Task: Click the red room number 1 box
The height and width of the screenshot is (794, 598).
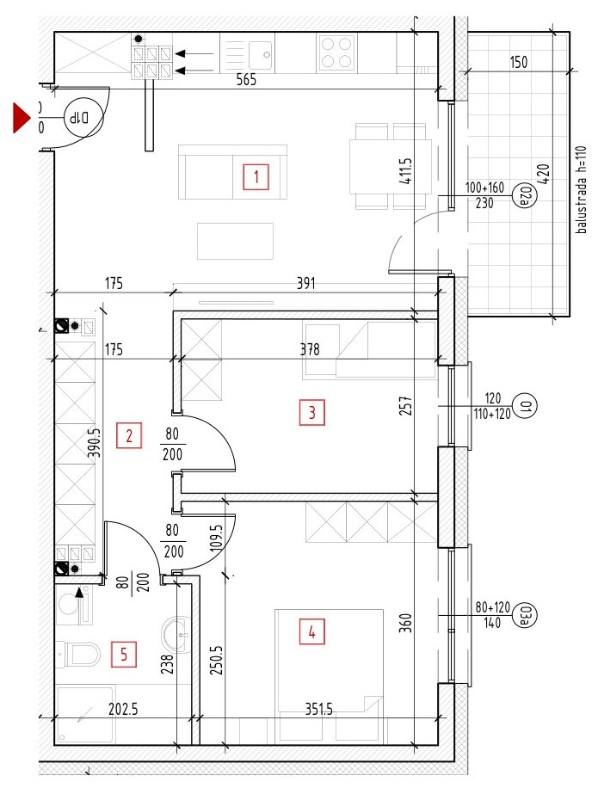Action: pos(256,176)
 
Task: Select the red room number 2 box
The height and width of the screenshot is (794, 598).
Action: pos(128,435)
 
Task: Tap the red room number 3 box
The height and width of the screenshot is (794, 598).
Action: pos(312,412)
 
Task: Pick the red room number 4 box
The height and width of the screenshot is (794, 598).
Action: pos(312,631)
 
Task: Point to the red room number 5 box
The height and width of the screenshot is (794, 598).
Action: pos(124,655)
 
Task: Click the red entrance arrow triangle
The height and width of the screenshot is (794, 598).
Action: pos(22,118)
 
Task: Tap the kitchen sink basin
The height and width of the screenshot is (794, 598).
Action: pos(262,52)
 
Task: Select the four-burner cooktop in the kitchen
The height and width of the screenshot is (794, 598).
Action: pos(336,52)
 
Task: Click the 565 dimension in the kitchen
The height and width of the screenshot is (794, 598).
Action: pos(246,79)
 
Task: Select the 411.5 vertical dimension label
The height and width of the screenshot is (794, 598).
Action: pos(406,170)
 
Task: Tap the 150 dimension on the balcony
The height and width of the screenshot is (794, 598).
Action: pos(519,62)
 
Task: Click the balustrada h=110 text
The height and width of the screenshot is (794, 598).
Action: pos(582,190)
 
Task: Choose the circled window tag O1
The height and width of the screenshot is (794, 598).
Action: pos(525,406)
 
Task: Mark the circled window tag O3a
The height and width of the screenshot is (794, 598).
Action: pos(525,615)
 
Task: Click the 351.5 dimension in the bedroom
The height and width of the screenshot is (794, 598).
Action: pos(319,710)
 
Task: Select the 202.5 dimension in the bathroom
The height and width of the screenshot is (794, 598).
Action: pos(123,709)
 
